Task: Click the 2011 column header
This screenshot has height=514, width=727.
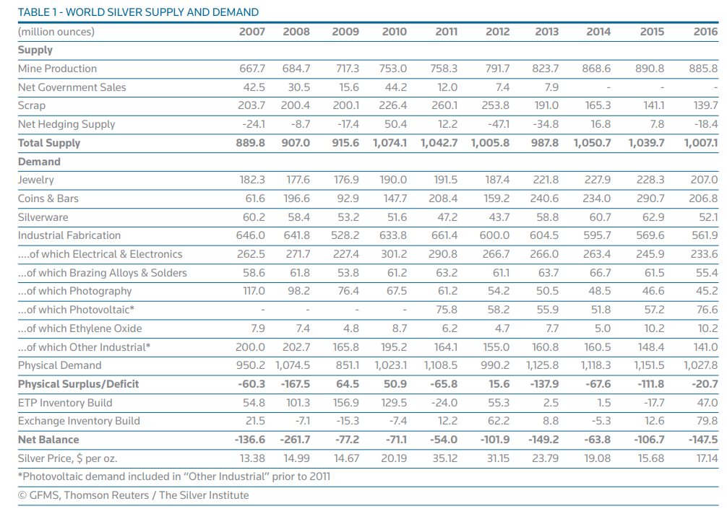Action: click(x=446, y=32)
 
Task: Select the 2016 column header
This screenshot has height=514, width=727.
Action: click(x=705, y=32)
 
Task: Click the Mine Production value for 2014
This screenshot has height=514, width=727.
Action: click(x=596, y=69)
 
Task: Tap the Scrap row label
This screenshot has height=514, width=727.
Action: click(x=32, y=105)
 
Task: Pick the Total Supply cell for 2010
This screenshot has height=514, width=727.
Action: click(x=390, y=143)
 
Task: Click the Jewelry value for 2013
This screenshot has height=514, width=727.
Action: click(x=546, y=180)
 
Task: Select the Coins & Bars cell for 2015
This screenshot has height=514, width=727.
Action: click(x=650, y=199)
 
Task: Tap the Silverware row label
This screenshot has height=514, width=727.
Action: click(x=43, y=217)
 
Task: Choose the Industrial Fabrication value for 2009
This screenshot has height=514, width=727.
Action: click(x=345, y=235)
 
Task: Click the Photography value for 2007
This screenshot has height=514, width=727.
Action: click(x=254, y=291)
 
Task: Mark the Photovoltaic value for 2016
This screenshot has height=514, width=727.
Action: click(x=707, y=310)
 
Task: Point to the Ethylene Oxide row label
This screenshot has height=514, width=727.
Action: click(x=79, y=328)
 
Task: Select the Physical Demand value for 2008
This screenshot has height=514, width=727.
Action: click(x=293, y=365)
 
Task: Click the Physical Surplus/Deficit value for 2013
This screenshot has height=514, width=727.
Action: click(x=543, y=384)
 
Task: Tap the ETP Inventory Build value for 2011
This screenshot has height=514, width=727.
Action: click(x=444, y=403)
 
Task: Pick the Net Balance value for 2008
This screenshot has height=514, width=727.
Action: click(x=295, y=440)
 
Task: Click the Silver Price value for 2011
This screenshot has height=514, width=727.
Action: click(x=444, y=458)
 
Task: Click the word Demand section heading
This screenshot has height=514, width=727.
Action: click(x=39, y=162)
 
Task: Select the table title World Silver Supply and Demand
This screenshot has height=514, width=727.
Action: click(x=138, y=12)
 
